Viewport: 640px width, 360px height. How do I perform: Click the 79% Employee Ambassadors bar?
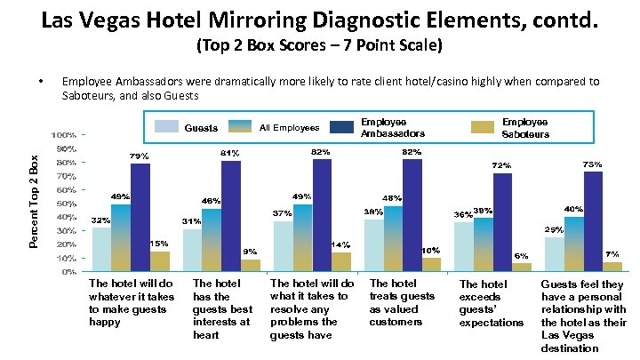140,217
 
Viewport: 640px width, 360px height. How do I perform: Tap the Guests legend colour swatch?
166,127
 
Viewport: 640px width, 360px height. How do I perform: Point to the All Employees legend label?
289,128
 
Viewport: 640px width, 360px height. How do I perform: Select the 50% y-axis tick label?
62,204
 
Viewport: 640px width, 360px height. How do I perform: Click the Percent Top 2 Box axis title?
34,201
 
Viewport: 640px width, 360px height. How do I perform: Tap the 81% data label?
230,153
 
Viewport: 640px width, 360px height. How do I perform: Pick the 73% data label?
593,164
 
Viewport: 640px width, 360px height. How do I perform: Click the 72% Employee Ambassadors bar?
502,222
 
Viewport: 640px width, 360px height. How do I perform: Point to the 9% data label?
250,252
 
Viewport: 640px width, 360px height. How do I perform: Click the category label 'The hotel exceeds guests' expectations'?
492,303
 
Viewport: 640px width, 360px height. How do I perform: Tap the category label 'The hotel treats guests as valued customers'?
402,302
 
